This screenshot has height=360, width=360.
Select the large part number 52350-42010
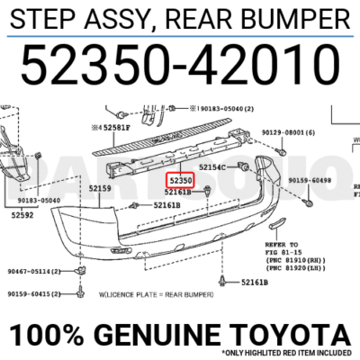click(180, 65)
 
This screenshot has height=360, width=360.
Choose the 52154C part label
click(219, 167)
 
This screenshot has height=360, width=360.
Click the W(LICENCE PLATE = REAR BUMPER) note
click(157, 293)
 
